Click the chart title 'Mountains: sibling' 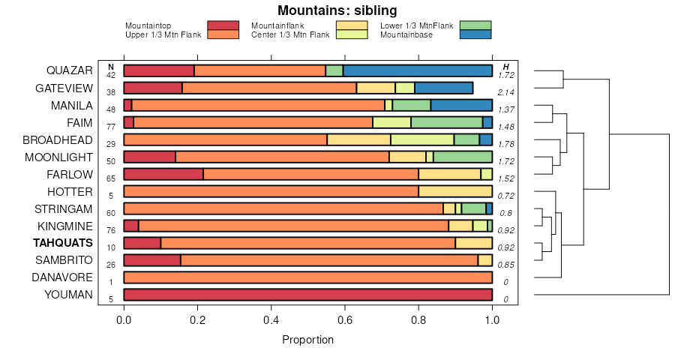point(337,10)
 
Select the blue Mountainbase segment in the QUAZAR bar point(418,71)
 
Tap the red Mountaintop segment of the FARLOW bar point(163,174)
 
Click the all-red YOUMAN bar point(307,295)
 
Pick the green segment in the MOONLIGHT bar point(463,157)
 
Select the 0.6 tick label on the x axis point(343,319)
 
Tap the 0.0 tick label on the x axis point(124,319)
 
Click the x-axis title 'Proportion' point(307,340)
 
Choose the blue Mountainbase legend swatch point(475,34)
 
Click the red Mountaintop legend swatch point(223,25)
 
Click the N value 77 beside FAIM point(111,127)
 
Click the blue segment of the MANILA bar point(461,106)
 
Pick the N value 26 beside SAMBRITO point(111,265)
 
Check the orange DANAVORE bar point(307,277)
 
